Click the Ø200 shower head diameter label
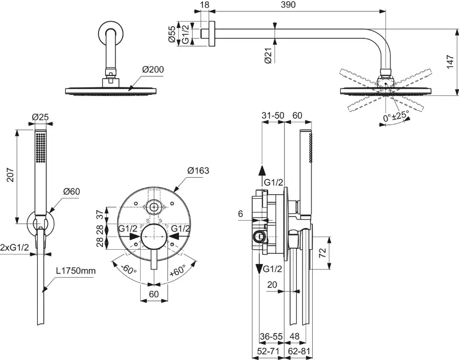pyautogui.click(x=153, y=70)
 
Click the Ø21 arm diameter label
pyautogui.click(x=268, y=55)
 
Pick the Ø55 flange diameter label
pyautogui.click(x=171, y=33)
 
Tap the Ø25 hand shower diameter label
pyautogui.click(x=39, y=117)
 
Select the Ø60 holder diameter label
pyautogui.click(x=71, y=191)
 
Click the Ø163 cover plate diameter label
pyautogui.click(x=198, y=170)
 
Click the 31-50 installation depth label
pyautogui.click(x=273, y=115)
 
